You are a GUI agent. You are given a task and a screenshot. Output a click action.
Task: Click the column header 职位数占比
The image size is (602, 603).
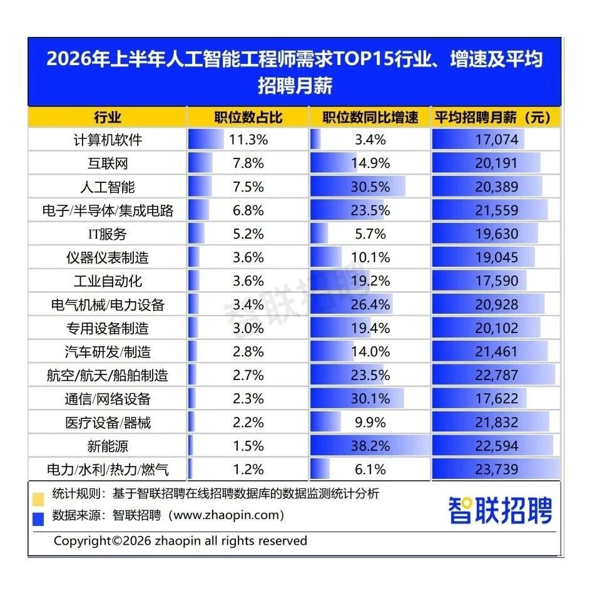(x=248, y=117)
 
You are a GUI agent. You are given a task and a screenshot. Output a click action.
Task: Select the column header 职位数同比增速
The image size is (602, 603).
(x=370, y=117)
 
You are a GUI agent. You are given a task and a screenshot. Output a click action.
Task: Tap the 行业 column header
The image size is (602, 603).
(x=108, y=117)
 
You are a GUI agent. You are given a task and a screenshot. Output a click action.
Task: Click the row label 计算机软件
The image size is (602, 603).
(x=108, y=140)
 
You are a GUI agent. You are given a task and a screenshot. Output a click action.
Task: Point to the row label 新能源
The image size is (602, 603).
(x=108, y=446)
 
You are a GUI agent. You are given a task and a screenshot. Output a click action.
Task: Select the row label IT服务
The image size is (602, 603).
(x=108, y=234)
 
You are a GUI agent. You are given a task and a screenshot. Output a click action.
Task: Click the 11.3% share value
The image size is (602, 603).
(x=248, y=140)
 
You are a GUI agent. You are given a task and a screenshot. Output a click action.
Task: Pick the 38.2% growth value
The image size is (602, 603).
(x=370, y=446)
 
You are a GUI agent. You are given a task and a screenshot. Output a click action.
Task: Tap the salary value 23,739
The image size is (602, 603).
(x=497, y=470)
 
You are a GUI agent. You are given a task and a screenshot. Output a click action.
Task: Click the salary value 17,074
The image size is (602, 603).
(x=497, y=140)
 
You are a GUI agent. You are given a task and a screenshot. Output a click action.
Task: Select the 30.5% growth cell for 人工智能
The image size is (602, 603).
(x=370, y=187)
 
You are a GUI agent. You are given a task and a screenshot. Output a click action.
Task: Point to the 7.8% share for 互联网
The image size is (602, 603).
(x=248, y=163)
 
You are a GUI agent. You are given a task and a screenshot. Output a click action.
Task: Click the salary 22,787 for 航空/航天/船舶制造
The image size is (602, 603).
(x=497, y=375)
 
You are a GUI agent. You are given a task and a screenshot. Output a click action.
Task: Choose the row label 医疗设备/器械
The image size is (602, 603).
(x=108, y=423)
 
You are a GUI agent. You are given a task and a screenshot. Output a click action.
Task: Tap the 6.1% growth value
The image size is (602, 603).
(x=370, y=470)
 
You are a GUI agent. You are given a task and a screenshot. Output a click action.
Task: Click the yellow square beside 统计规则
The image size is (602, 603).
(x=38, y=499)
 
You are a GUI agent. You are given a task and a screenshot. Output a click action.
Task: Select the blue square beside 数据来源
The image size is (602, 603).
(x=38, y=518)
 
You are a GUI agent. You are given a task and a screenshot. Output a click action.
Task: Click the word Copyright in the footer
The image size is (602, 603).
(x=82, y=541)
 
